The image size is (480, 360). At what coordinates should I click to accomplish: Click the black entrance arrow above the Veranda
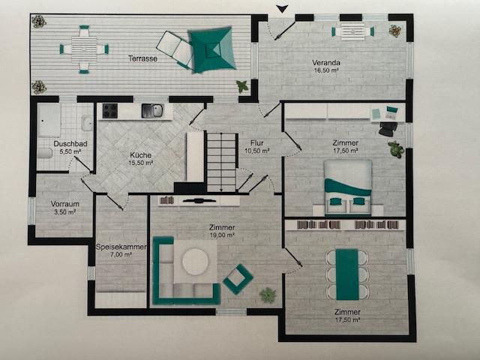click(x=283, y=10)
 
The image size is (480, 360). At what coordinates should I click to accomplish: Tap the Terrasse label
click(x=142, y=58)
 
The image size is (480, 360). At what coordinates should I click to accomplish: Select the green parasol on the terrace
click(x=211, y=49)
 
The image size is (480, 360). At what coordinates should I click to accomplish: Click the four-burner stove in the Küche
click(x=110, y=110)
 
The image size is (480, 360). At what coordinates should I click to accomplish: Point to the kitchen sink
click(x=152, y=110)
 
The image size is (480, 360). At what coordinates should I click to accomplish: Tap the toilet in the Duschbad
click(x=45, y=153)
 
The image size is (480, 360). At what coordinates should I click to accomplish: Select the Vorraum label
click(x=65, y=204)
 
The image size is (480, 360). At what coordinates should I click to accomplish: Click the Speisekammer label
click(x=121, y=247)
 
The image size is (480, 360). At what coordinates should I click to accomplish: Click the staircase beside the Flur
click(x=221, y=162)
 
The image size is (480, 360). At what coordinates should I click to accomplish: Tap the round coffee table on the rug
click(x=195, y=262)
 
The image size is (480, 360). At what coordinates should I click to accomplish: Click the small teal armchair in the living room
click(x=238, y=279)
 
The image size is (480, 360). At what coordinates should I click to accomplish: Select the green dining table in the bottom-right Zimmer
click(x=347, y=274)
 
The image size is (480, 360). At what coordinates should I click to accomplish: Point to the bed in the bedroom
click(x=348, y=187)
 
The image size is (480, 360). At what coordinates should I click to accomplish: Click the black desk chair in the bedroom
click(x=388, y=129)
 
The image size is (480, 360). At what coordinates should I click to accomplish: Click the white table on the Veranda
click(x=352, y=31)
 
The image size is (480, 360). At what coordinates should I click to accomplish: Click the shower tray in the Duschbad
click(x=49, y=120)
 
